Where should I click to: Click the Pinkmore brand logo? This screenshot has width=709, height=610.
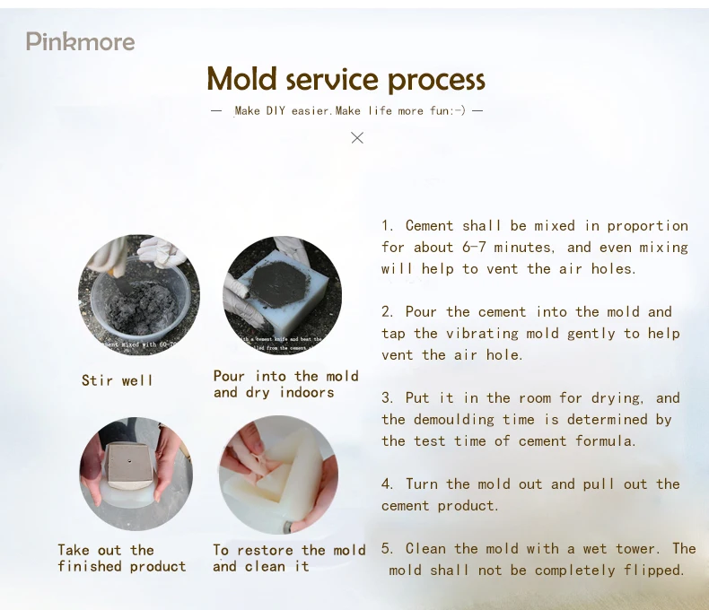point(80,41)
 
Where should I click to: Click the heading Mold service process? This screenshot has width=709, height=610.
point(346,79)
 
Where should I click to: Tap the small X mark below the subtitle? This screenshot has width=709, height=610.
point(357,137)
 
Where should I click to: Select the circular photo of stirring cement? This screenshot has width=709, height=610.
point(139,295)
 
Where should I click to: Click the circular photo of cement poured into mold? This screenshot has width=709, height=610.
point(282,295)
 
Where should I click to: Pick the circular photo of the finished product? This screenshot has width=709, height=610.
point(136,475)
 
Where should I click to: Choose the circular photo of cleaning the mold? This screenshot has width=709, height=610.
point(279,475)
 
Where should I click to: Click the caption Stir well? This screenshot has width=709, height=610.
point(118,380)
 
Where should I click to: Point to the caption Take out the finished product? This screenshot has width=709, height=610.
point(122,558)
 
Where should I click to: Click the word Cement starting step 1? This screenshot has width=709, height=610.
point(429,225)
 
